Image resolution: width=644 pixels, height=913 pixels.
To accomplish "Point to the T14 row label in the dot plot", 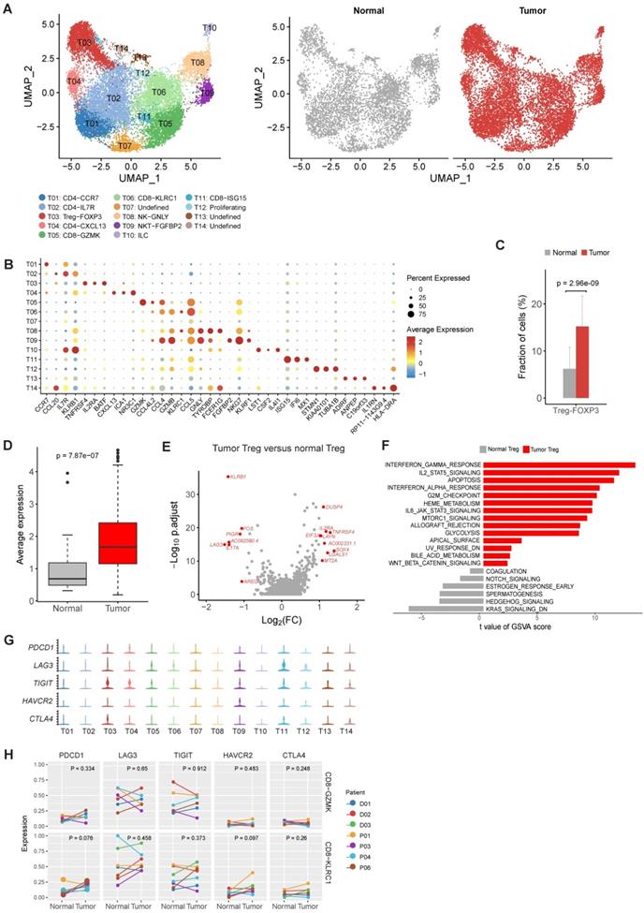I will click(32, 387).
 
